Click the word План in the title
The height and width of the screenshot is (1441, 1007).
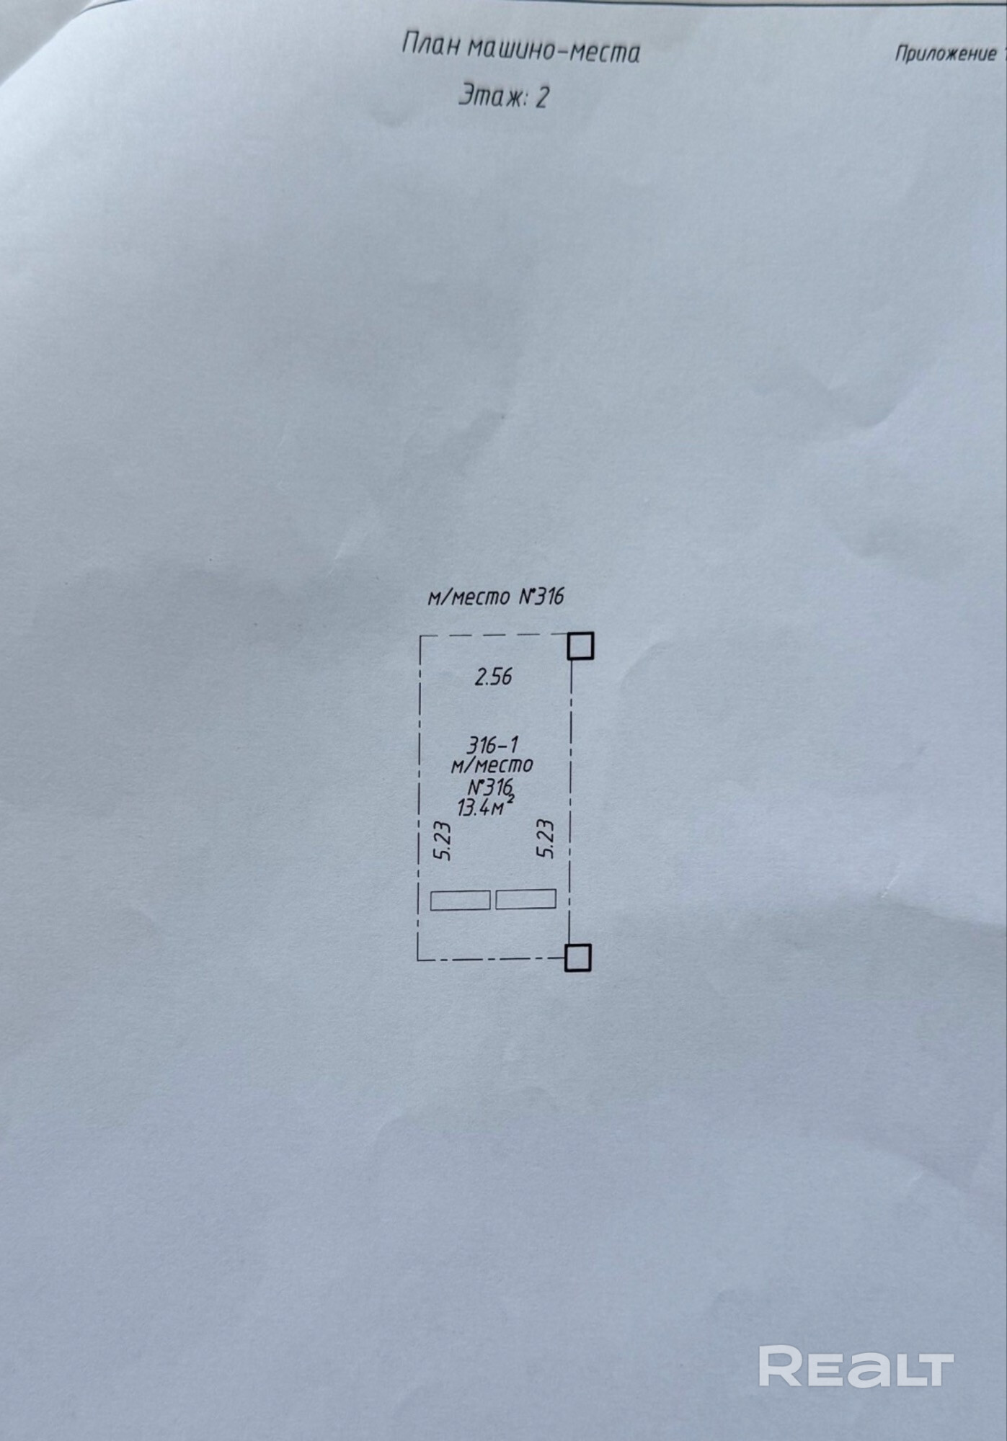click(431, 45)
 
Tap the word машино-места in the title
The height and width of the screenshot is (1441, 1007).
click(554, 51)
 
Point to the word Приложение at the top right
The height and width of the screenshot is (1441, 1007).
click(945, 53)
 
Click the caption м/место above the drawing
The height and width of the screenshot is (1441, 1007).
click(469, 597)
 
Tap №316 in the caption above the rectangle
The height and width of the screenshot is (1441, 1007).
click(541, 597)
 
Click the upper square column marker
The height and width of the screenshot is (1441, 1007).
click(580, 646)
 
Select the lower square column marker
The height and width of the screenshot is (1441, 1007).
click(578, 958)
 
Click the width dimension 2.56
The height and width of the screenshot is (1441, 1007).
click(493, 677)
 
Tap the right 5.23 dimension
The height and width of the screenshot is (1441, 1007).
click(545, 838)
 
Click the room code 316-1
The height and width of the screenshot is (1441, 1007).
click(492, 744)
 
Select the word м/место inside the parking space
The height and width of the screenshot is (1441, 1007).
click(492, 765)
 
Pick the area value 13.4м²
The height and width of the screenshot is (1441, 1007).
click(485, 807)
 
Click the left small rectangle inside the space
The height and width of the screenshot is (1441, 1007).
click(460, 900)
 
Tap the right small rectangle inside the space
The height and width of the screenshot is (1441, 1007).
click(525, 899)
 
